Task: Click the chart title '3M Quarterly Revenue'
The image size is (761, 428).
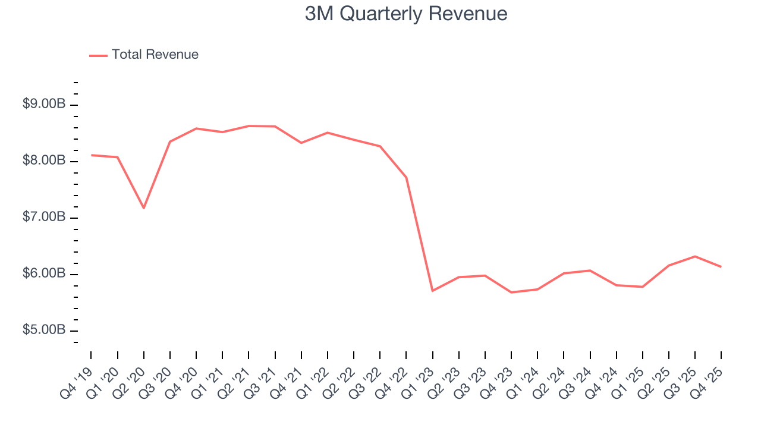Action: [406, 14]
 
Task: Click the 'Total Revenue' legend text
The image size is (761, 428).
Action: [155, 55]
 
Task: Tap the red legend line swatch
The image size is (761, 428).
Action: [98, 55]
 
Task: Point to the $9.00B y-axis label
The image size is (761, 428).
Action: [44, 104]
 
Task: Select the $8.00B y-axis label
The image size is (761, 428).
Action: [44, 160]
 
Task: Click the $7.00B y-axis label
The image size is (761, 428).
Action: [44, 217]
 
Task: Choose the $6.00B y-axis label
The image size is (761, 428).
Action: [44, 273]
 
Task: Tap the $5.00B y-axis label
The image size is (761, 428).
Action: [44, 330]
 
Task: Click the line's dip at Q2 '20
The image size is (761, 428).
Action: [144, 208]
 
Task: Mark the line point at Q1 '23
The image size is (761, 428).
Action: [432, 291]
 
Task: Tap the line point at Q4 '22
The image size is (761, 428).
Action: [406, 178]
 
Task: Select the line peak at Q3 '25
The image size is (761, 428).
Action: [695, 256]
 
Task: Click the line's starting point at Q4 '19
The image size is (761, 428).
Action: [92, 155]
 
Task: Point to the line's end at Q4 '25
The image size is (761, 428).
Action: [721, 267]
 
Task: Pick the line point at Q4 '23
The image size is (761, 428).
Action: [511, 292]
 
